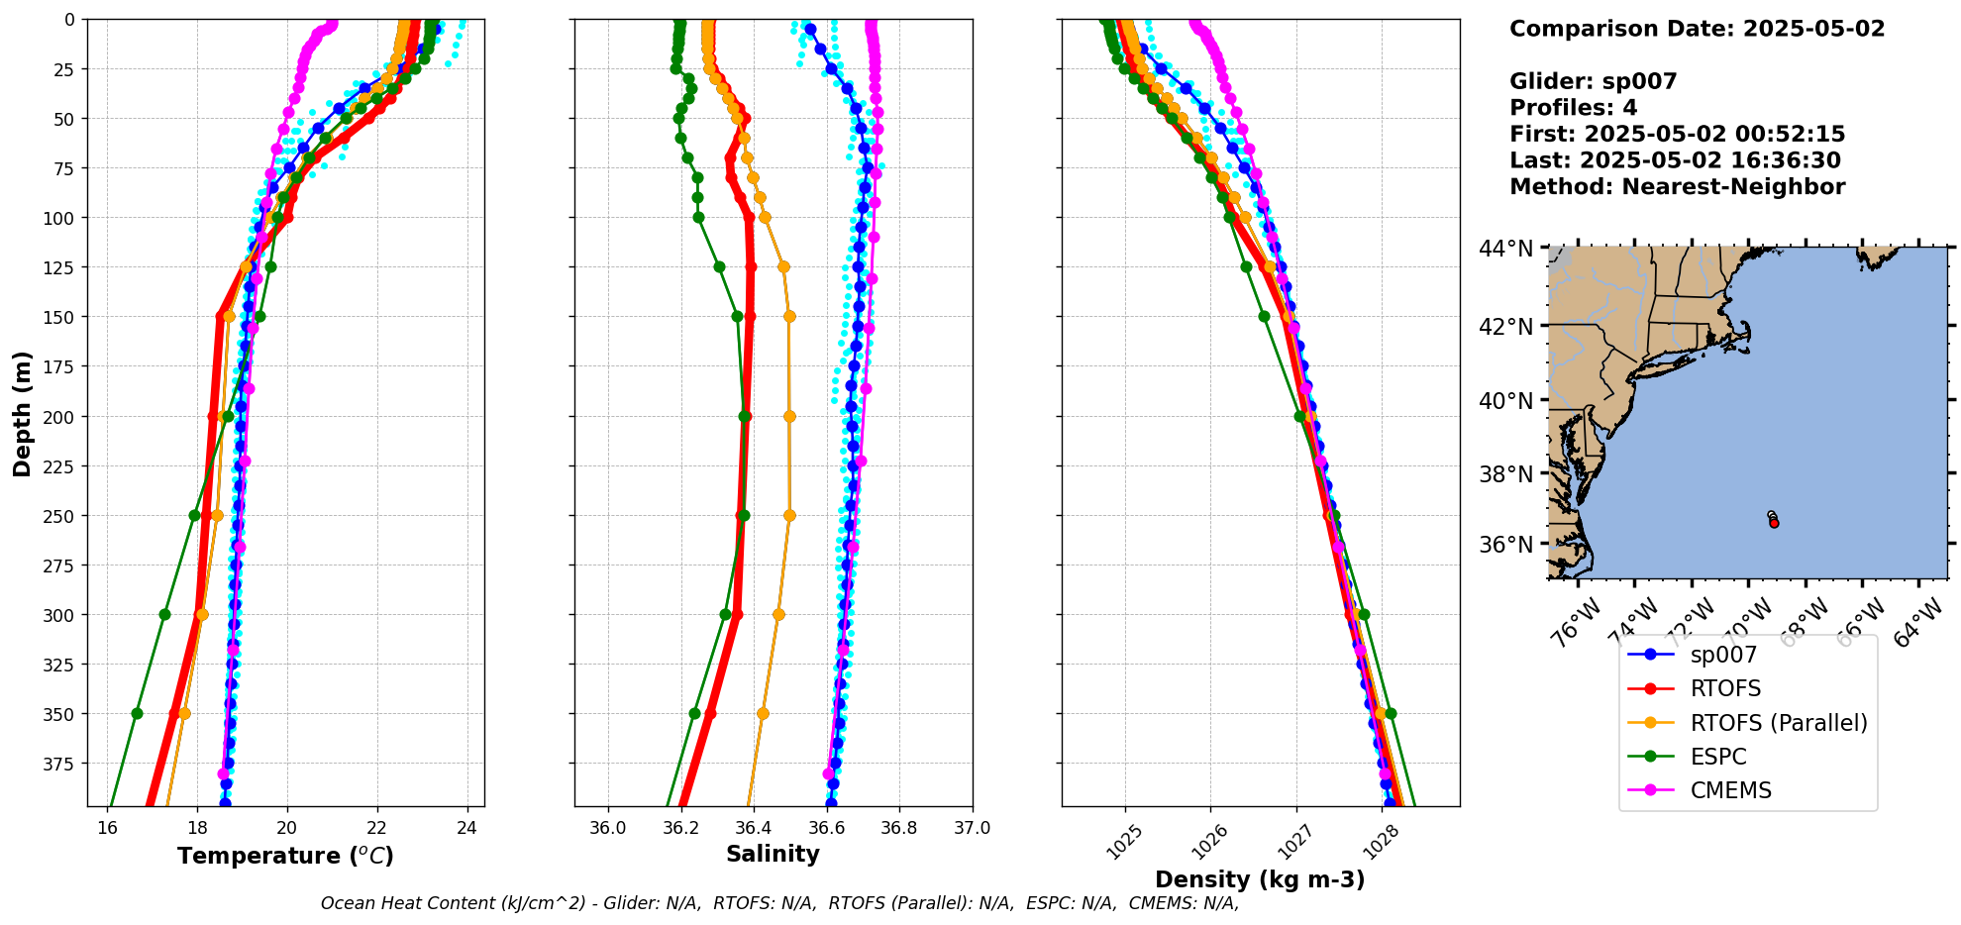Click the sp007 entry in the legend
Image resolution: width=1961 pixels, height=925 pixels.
(1722, 655)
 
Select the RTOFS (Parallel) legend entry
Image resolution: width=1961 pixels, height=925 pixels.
(1778, 723)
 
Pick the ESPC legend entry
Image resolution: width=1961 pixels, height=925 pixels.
(1717, 757)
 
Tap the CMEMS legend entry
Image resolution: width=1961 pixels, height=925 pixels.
(1729, 790)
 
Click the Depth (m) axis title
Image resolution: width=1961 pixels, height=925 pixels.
(23, 413)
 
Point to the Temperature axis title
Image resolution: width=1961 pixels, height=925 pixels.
(285, 856)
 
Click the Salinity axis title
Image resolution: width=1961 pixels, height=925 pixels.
(773, 855)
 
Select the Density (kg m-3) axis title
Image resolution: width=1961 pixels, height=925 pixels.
(1260, 879)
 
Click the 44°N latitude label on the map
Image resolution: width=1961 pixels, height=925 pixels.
(1505, 249)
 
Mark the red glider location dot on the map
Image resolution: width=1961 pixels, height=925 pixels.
(1774, 523)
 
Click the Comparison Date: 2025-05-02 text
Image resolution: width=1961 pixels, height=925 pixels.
(1697, 29)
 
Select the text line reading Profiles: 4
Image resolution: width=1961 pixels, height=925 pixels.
(1573, 108)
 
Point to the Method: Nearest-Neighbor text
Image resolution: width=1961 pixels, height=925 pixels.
(1677, 187)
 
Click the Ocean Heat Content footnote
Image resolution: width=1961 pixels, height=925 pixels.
(779, 903)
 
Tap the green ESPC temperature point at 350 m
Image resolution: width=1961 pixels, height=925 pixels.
(137, 713)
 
